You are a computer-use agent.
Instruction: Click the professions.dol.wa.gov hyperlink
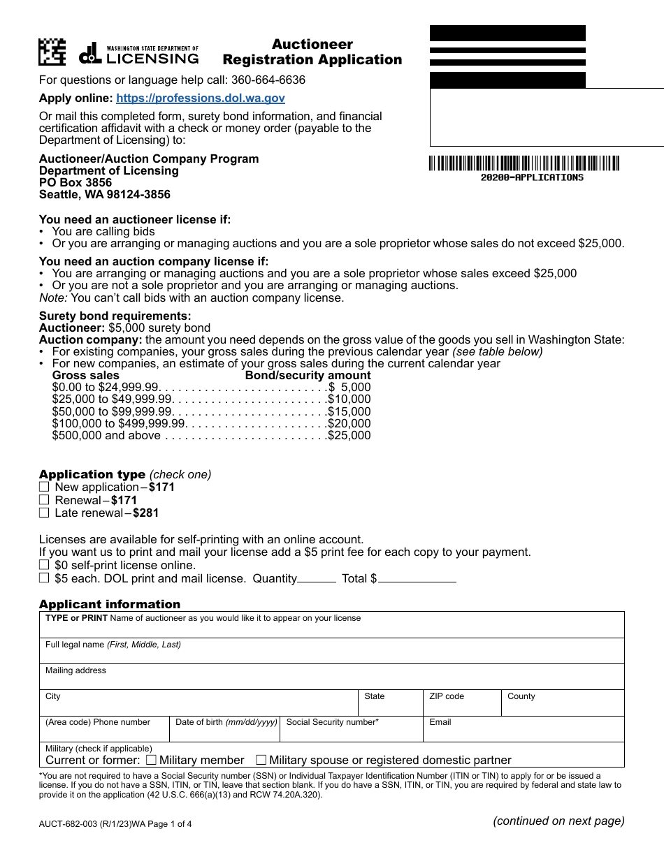click(201, 98)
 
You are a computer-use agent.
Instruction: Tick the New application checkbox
click(44, 487)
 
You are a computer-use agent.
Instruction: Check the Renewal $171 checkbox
click(44, 500)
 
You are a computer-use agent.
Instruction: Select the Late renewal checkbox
click(44, 513)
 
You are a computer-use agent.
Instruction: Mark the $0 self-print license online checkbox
click(44, 565)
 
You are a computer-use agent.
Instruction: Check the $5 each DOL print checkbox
click(44, 578)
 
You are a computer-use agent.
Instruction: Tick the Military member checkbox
click(150, 760)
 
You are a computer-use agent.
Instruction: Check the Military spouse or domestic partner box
click(261, 760)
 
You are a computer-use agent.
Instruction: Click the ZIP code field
click(462, 706)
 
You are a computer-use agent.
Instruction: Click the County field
click(563, 706)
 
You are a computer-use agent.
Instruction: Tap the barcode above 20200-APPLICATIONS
click(524, 163)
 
